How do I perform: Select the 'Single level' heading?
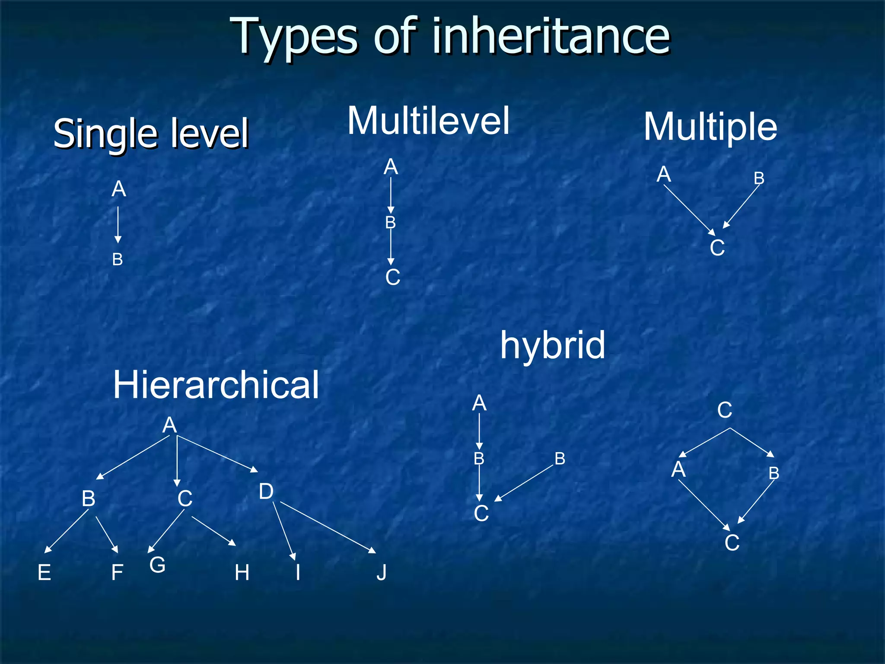coord(151,133)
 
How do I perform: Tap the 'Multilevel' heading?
coord(428,121)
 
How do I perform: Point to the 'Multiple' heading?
coord(710,127)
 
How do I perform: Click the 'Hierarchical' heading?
coord(216,385)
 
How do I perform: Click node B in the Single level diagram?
coord(118,259)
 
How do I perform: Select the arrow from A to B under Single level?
coord(118,225)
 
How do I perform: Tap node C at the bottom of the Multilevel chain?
coord(392,277)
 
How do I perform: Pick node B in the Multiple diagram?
coord(759,178)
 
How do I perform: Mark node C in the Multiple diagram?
coord(717,248)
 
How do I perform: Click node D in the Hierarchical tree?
coord(266,492)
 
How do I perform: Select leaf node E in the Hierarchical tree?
coord(45,573)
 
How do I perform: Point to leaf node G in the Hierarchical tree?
coord(157,565)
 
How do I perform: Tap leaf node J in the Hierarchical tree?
coord(381,573)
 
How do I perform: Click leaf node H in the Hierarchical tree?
coord(242,573)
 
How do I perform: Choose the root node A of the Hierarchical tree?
coord(169,425)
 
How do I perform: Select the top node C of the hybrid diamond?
coord(725,410)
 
